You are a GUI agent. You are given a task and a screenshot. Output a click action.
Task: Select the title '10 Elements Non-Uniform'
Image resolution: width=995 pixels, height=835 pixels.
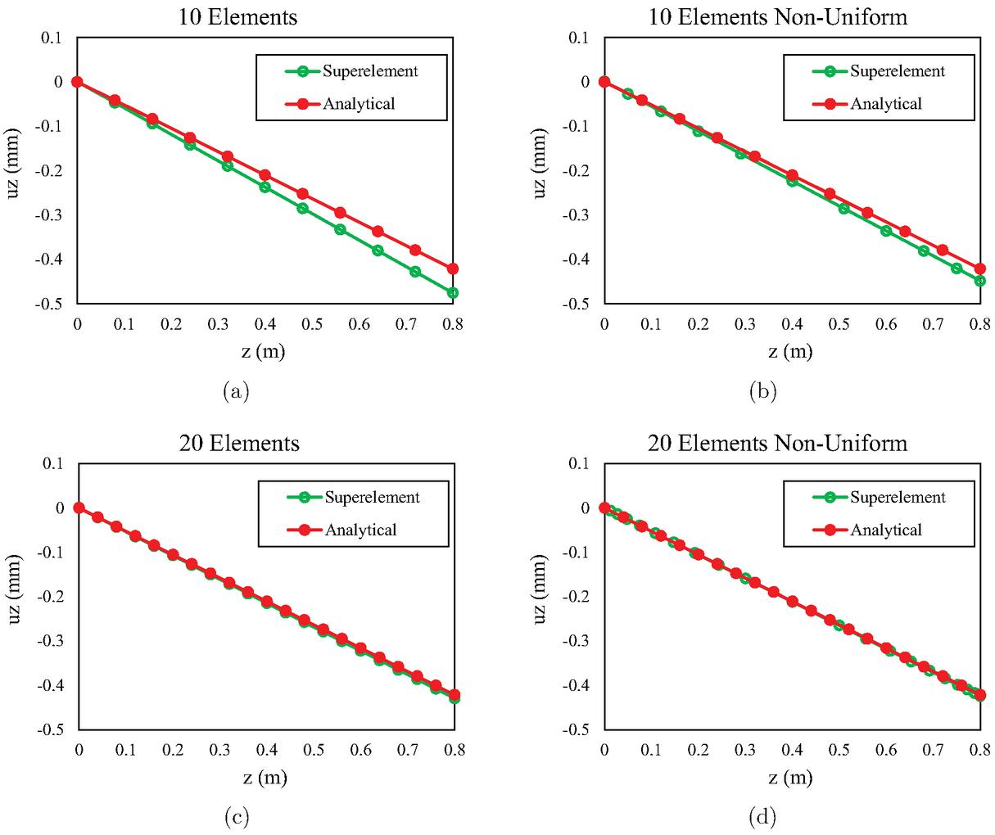777,16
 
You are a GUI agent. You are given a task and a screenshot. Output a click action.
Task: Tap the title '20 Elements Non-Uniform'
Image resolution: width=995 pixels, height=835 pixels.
777,443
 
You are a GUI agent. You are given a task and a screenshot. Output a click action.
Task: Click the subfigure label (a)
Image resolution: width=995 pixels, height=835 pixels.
236,391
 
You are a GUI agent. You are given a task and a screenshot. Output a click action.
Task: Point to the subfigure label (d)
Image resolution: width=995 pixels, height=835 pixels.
763,816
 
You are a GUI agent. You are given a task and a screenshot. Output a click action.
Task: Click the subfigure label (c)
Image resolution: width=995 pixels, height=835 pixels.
236,816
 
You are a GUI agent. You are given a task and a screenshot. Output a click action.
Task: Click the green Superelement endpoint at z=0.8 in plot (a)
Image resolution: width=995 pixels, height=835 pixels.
453,292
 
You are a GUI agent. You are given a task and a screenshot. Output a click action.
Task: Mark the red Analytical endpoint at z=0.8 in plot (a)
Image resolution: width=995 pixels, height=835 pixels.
453,269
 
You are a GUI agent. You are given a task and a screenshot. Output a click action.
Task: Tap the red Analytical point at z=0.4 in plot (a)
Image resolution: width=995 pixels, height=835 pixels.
265,175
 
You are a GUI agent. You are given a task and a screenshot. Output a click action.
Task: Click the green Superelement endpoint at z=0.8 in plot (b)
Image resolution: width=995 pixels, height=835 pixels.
979,281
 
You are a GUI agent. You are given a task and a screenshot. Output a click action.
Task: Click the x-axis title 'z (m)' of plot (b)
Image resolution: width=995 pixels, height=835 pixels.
790,352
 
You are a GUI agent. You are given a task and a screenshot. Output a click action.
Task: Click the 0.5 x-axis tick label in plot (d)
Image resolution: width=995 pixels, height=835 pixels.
839,749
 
